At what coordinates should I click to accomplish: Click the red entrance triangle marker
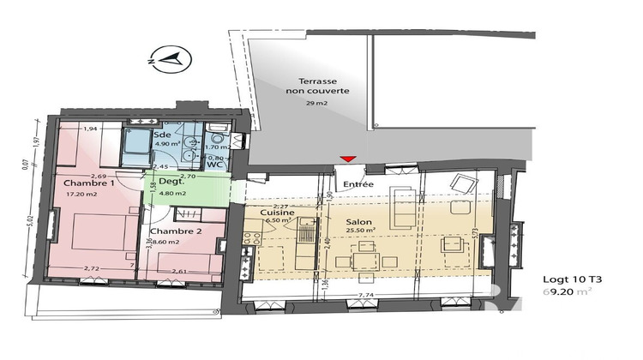346,159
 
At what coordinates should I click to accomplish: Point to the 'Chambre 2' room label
175,231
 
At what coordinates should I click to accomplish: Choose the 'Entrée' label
357,183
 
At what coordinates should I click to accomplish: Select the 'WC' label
215,165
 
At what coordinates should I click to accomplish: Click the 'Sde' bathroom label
161,135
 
